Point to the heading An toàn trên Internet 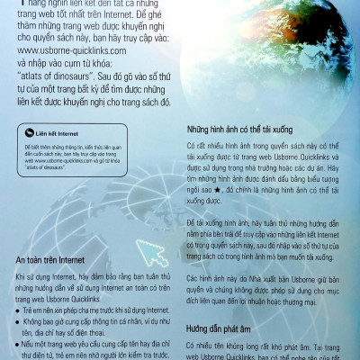pos(56,261)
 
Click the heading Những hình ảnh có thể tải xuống pos(247,129)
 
